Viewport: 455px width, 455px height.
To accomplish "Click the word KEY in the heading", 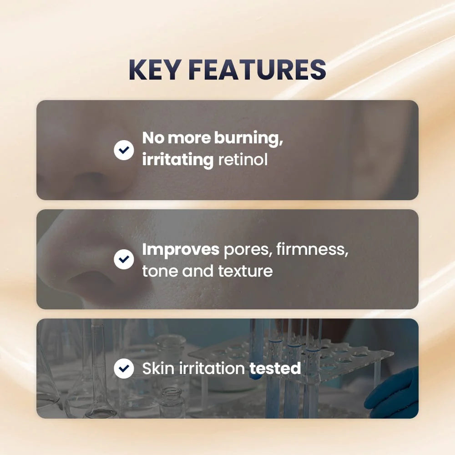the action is (x=154, y=70).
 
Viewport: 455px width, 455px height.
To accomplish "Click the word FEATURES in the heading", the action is (x=258, y=70).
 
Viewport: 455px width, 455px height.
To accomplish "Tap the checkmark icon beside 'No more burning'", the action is (x=124, y=150).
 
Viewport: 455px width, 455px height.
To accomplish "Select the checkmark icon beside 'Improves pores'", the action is (x=124, y=259).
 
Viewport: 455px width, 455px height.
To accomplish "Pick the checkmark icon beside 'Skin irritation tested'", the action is (x=124, y=369).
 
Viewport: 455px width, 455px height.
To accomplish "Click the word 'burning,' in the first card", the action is (x=249, y=139).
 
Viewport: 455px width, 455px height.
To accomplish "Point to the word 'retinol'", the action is (x=243, y=160).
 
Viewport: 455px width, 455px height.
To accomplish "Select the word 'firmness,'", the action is (x=312, y=249).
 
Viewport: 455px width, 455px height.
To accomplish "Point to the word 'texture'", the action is (x=246, y=271).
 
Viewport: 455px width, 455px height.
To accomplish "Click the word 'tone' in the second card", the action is (x=160, y=271).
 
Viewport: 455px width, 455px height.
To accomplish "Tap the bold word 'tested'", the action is (x=275, y=368).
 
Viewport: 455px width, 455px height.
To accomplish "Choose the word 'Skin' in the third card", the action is (x=158, y=368).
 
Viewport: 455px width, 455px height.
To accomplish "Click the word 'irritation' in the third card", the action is (x=212, y=368).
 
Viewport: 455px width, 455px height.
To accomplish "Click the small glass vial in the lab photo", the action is (x=172, y=403).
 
